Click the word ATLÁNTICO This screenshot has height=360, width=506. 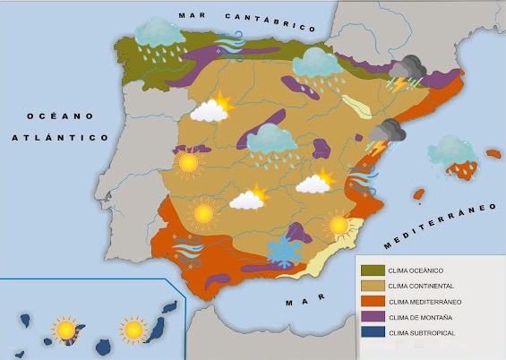pos(59,138)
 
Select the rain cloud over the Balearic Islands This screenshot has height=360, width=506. pos(451,150)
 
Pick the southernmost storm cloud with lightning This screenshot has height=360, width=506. pos(386,135)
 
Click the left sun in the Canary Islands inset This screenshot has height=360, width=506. pos(64,330)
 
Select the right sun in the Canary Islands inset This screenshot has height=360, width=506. pos(133,330)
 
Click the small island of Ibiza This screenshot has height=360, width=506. pos(417,194)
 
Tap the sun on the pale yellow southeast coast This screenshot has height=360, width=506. pos(339,224)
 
